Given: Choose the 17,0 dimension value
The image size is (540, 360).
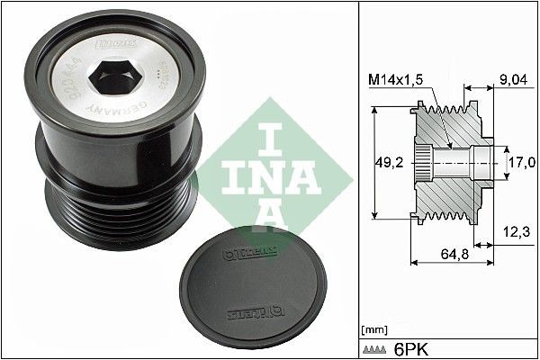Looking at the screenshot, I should (520, 162).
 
